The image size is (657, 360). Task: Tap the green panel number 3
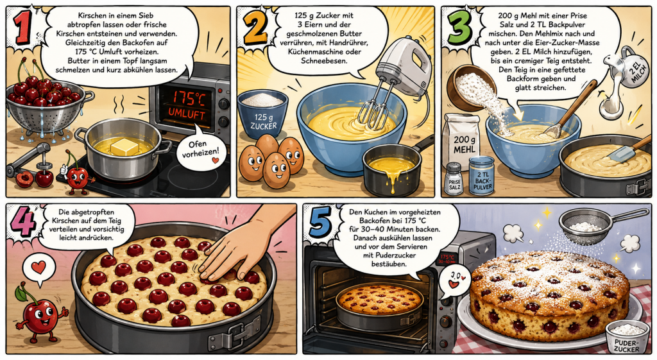pos(459,27)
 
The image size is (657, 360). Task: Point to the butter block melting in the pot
pos(124,147)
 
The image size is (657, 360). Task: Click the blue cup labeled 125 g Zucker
pos(263,114)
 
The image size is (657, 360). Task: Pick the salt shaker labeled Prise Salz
pos(453,179)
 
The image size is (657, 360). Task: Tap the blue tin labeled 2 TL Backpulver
pos(481,176)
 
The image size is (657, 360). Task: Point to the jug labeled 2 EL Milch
pos(632,67)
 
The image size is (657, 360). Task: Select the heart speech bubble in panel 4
pos(38,269)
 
